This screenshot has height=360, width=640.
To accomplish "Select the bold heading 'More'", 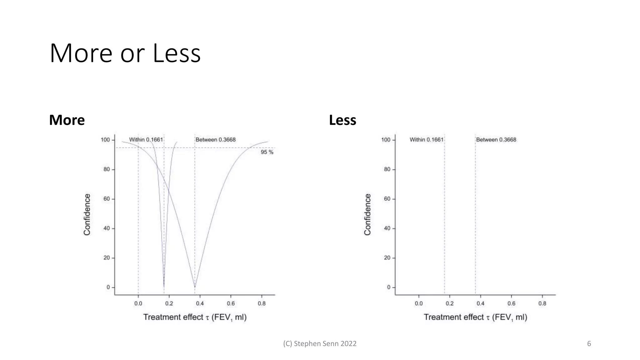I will click(x=67, y=120).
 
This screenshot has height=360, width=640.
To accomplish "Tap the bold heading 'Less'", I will click(x=342, y=120).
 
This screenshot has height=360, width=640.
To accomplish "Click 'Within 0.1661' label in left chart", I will click(x=146, y=140).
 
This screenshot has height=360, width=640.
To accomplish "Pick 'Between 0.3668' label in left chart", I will click(x=215, y=140).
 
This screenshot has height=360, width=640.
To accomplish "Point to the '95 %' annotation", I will click(x=267, y=152).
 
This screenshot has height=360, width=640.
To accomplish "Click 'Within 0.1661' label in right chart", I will click(x=427, y=140).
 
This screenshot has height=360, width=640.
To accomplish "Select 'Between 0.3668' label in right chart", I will click(x=496, y=140).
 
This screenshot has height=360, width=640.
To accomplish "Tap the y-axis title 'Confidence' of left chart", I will click(x=87, y=214).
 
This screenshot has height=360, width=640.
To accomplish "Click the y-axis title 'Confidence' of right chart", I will click(x=367, y=214).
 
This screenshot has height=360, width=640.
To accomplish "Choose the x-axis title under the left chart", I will click(x=195, y=317).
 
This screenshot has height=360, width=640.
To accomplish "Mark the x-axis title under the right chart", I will click(x=475, y=317).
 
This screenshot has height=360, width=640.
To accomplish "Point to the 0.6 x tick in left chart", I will click(x=231, y=303).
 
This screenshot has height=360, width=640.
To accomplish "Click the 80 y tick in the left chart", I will click(x=107, y=169).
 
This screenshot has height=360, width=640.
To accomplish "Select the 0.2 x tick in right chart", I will click(x=449, y=303).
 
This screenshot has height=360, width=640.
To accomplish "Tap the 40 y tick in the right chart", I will click(x=387, y=228).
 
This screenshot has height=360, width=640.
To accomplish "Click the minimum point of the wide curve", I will click(x=195, y=287).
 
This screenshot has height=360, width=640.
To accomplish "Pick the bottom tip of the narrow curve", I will click(x=164, y=286).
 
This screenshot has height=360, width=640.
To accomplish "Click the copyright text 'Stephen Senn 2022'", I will click(x=320, y=344).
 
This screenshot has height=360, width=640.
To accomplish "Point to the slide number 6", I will click(x=589, y=344).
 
